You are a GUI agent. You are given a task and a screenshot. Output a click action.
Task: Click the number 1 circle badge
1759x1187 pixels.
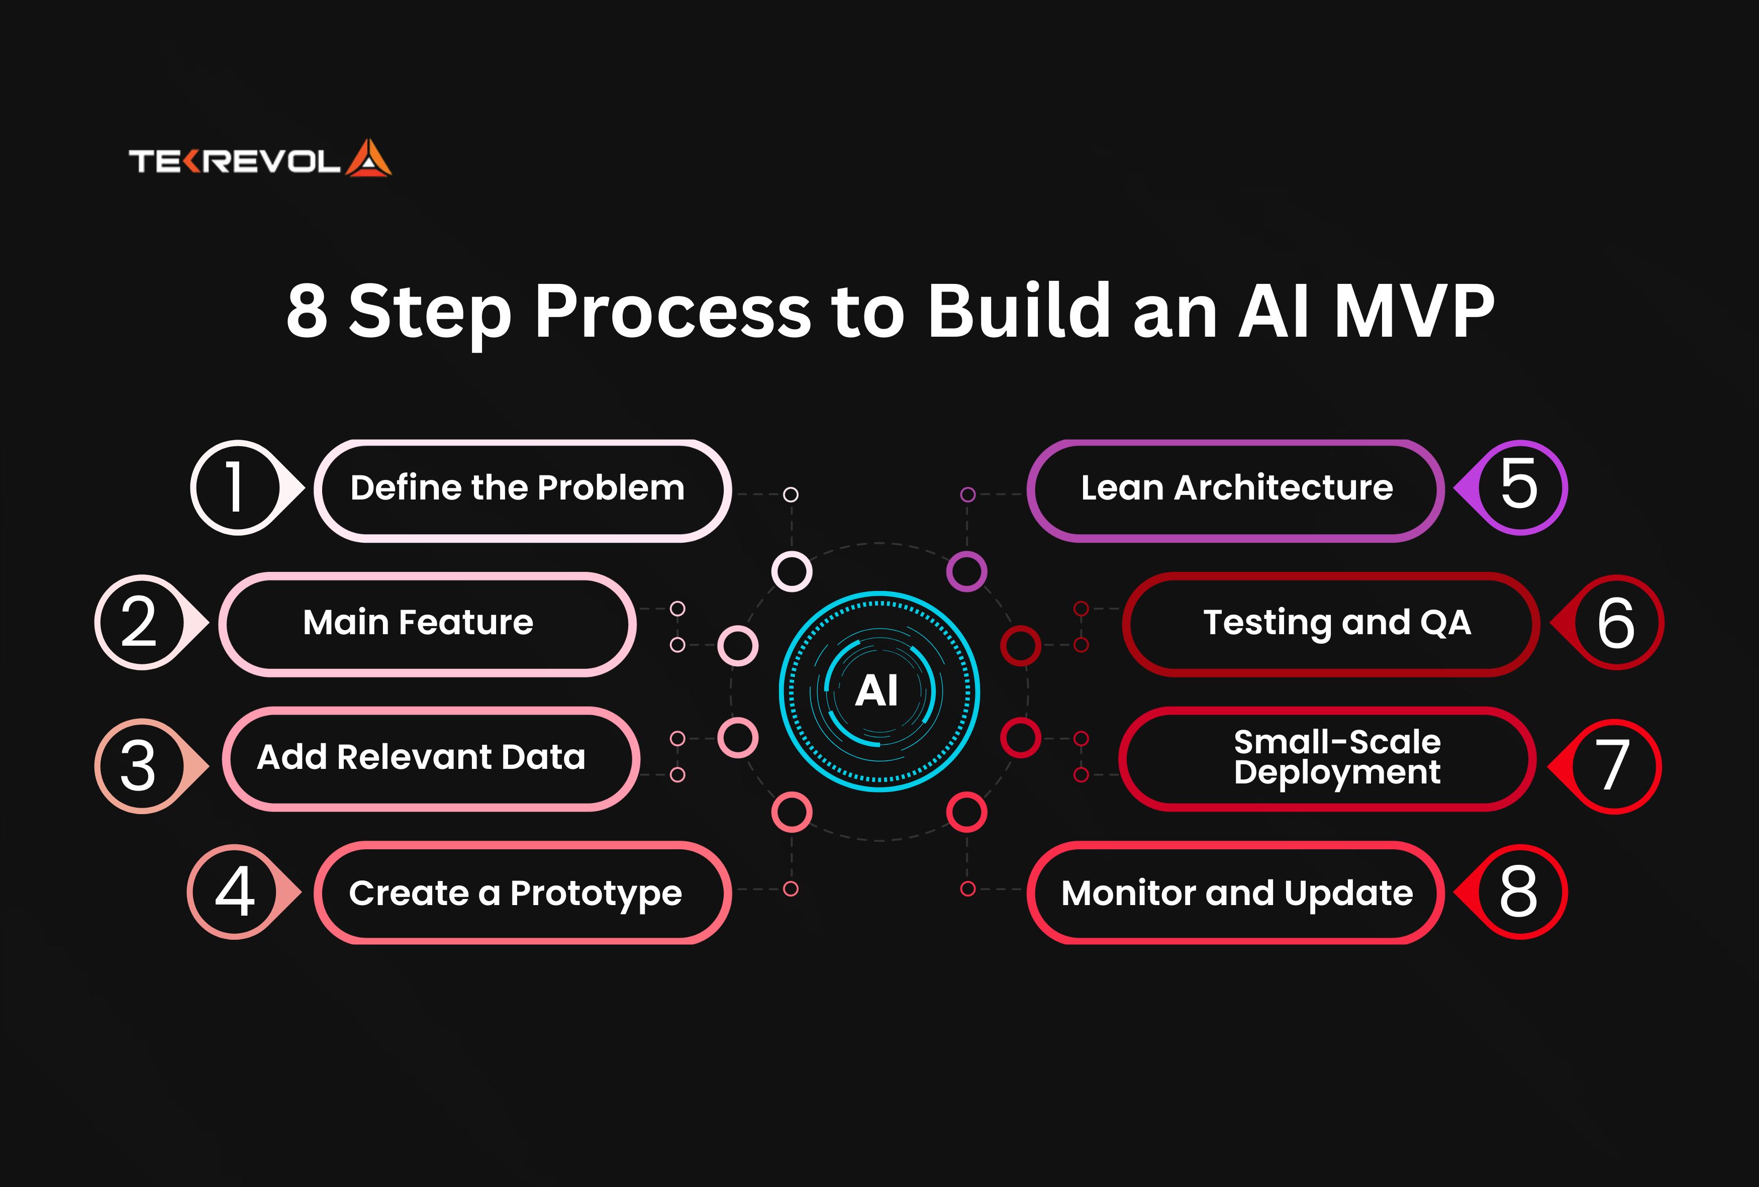pyautogui.click(x=236, y=487)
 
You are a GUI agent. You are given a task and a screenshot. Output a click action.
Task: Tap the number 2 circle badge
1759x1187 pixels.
pyautogui.click(x=140, y=622)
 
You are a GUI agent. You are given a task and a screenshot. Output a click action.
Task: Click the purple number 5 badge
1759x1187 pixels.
pyautogui.click(x=1520, y=487)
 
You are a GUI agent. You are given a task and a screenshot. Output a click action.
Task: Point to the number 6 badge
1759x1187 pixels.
pyautogui.click(x=1615, y=622)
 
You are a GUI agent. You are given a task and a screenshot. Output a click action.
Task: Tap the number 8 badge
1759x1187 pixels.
pyautogui.click(x=1520, y=892)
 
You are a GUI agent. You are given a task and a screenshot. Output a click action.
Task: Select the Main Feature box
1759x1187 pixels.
pyautogui.click(x=427, y=624)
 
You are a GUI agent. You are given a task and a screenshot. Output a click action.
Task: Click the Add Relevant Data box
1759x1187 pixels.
pyautogui.click(x=430, y=758)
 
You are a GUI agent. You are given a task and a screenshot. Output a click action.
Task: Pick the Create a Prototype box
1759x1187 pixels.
pyautogui.click(x=522, y=894)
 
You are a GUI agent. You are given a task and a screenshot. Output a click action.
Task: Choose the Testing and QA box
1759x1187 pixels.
pyautogui.click(x=1331, y=624)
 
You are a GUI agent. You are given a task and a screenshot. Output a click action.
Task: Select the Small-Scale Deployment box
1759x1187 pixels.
pyautogui.click(x=1328, y=758)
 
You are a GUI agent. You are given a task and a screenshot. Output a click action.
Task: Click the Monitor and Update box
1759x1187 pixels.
pyautogui.click(x=1235, y=894)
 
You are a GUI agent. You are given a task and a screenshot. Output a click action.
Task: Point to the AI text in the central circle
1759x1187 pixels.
pyautogui.click(x=877, y=691)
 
